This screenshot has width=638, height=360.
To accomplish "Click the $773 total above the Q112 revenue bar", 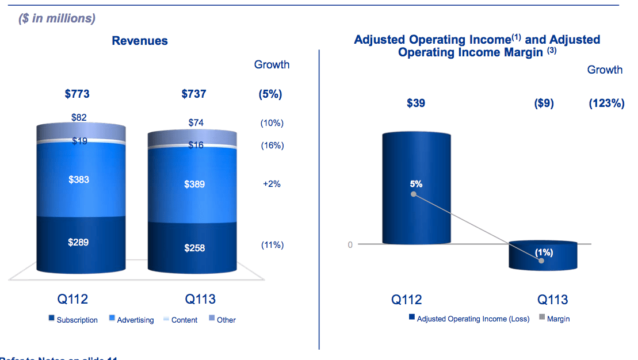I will (77, 94).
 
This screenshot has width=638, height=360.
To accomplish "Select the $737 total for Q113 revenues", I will (194, 94).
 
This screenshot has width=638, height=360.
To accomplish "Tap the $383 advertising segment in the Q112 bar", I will (79, 180).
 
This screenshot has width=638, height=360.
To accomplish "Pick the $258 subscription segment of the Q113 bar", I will (194, 248).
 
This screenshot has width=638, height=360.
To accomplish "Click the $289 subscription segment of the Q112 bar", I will (79, 242).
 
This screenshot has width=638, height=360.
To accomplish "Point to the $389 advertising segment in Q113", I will (194, 185).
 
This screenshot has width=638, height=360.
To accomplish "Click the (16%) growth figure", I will (272, 145).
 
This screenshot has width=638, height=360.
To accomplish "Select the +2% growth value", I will (272, 185).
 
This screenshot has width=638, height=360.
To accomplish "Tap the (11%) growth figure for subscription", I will (272, 245).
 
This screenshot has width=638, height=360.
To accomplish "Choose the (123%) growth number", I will (606, 104).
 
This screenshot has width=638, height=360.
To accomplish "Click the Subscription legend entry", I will (73, 320).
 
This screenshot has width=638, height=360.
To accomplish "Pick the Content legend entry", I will (180, 320).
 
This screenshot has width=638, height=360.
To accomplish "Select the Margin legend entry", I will (554, 319).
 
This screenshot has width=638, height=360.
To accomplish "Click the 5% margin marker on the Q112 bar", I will (414, 194).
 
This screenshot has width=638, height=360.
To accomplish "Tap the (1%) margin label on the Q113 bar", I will (544, 252).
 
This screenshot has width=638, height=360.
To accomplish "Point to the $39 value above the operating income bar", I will (415, 104).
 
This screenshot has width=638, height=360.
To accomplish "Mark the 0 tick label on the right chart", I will (350, 244).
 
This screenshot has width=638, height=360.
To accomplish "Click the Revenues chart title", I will (140, 41).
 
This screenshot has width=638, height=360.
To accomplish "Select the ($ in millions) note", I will (57, 18).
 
